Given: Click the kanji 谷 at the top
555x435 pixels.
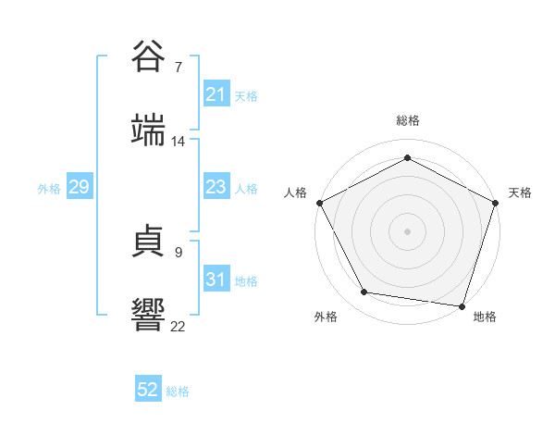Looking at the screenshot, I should [x=149, y=56].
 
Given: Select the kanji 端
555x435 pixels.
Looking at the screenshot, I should [x=149, y=131].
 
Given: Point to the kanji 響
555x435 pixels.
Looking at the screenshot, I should [x=149, y=316].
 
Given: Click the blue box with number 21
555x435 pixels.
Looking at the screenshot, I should [x=216, y=94].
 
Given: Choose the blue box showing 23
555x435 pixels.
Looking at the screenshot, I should [x=216, y=188].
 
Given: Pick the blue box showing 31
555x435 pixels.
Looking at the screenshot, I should [x=216, y=280].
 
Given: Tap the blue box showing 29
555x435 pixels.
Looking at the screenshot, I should [x=79, y=188].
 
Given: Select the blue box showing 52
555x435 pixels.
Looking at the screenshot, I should [x=148, y=391].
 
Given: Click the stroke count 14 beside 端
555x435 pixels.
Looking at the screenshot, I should [x=179, y=142].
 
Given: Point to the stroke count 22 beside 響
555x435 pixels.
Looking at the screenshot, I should [x=179, y=326].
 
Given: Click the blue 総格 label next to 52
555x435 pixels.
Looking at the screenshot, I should [x=178, y=391].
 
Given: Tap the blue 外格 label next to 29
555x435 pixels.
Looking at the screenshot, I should [x=49, y=189].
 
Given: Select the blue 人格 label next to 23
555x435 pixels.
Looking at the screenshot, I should [x=246, y=189].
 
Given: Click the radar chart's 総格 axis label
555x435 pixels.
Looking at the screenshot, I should [x=408, y=120].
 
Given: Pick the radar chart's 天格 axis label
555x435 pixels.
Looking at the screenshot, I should [x=520, y=193].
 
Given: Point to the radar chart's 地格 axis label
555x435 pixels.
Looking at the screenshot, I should [x=485, y=317].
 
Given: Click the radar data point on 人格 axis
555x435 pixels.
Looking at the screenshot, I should [x=319, y=202].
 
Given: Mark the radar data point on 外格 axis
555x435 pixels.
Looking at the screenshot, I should [x=364, y=292].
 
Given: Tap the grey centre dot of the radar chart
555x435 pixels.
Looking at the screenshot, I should [x=408, y=230].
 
